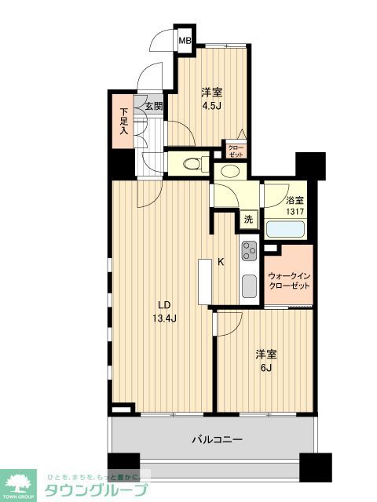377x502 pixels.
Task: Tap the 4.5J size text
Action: [210, 107]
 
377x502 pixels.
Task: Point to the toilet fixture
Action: [188, 164]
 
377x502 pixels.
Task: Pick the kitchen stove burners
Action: [250, 251]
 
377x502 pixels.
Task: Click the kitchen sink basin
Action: [250, 286]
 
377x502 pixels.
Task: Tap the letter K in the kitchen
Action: [221, 263]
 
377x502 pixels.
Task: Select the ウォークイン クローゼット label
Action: [288, 281]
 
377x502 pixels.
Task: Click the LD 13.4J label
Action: [163, 312]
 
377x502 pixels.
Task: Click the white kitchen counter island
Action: [205, 281]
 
